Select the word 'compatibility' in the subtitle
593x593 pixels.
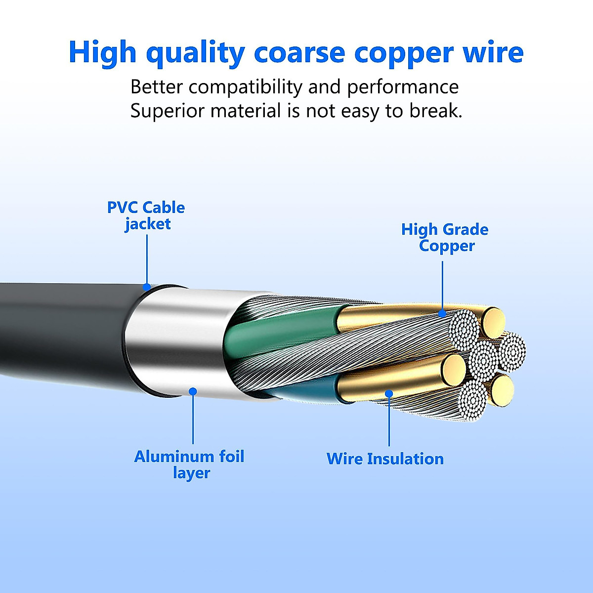click(x=246, y=87)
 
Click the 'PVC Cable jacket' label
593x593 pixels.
click(x=146, y=216)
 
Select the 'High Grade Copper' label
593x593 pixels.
click(x=445, y=238)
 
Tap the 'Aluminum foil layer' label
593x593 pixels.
click(x=189, y=465)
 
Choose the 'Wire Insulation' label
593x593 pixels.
click(x=385, y=459)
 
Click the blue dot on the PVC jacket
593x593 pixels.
click(x=147, y=287)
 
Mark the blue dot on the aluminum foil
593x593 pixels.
click(x=193, y=391)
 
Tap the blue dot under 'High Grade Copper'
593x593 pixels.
click(x=442, y=313)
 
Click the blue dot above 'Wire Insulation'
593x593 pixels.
click(x=389, y=393)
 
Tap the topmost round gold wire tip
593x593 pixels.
click(x=493, y=323)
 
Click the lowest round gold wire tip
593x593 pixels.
click(x=502, y=390)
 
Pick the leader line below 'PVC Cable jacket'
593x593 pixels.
click(x=147, y=259)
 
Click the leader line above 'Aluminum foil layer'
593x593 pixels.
click(x=193, y=420)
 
